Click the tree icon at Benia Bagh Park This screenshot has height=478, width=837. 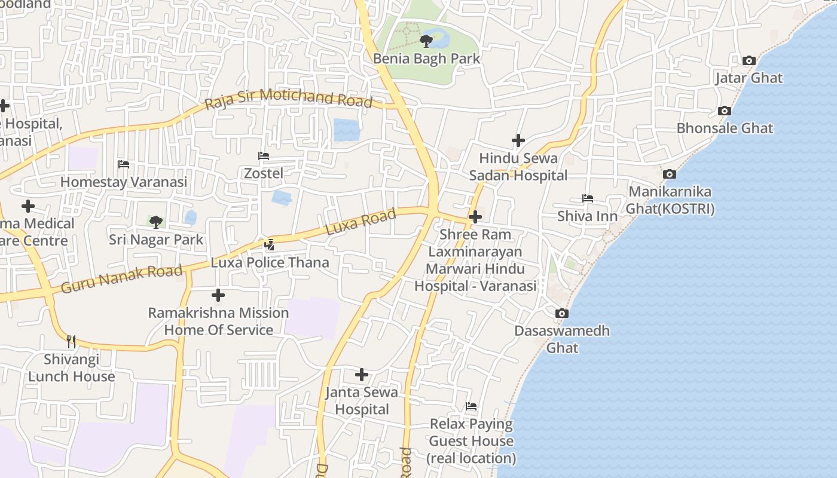pos(426,41)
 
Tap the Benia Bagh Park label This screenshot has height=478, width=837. pos(426,59)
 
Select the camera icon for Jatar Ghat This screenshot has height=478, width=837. pos(749,60)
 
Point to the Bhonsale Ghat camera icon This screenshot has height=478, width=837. pos(724,111)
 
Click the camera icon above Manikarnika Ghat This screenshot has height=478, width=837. pos(670,174)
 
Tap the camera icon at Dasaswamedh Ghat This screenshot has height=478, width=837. pos(561,313)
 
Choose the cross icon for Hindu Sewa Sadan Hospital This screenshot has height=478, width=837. pos(518,140)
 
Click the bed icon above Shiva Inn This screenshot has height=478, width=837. pos(587,198)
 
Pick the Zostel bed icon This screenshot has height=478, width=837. pos(263,156)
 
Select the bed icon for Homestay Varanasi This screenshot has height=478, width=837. pos(124,164)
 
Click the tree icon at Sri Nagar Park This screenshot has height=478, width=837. pos(155,222)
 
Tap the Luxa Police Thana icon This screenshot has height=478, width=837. pos(270,244)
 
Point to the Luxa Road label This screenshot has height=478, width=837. pos(361,222)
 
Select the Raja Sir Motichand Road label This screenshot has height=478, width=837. pos(288,99)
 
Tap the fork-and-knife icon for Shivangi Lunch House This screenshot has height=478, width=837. pos(71,341)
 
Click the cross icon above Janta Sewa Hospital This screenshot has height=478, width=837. pos(362,375)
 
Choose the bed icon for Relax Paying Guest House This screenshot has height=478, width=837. pos(471,407)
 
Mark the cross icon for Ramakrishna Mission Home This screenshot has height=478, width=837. pos(218,295)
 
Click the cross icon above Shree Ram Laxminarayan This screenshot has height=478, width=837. pos(475,216)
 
